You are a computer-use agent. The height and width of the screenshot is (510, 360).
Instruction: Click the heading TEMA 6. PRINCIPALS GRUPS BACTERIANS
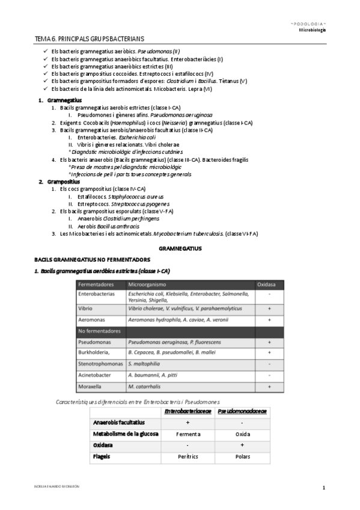click(97, 38)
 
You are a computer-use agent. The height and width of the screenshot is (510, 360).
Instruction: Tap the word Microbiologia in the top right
click(313, 29)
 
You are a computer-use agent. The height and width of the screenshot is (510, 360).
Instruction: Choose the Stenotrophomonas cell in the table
click(101, 364)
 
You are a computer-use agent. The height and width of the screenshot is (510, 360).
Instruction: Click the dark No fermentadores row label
click(99, 331)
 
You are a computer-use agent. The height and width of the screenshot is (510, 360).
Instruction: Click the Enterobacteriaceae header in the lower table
click(188, 411)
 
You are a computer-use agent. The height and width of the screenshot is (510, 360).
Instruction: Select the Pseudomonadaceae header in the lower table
click(242, 411)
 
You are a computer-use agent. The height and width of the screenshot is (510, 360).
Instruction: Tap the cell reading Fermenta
click(188, 434)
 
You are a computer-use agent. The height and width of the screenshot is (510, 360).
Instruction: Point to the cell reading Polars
click(242, 456)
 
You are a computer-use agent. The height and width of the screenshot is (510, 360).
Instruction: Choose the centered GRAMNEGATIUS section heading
click(180, 248)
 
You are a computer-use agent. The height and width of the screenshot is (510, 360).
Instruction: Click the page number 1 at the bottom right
click(323, 487)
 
